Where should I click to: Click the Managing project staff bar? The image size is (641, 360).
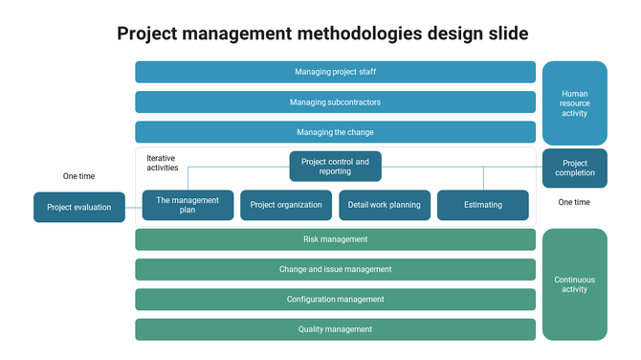click(x=335, y=72)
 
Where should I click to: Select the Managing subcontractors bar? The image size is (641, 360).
click(x=335, y=102)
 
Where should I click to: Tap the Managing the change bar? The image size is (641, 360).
click(x=335, y=132)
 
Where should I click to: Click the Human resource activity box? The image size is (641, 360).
click(x=575, y=103)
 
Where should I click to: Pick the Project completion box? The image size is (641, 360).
click(x=575, y=169)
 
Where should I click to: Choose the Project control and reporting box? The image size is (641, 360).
click(x=335, y=167)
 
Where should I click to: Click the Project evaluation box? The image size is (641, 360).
click(x=79, y=207)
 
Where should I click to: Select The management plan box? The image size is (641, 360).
click(x=188, y=205)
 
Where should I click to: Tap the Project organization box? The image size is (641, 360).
click(x=286, y=205)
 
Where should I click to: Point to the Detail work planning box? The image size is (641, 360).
click(x=385, y=205)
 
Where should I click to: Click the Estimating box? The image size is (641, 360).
click(x=483, y=205)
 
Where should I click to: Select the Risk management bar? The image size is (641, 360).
click(x=335, y=239)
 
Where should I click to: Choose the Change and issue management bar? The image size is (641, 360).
click(x=335, y=269)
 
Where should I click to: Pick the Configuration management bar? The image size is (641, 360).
click(x=335, y=300)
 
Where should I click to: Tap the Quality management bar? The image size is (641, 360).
click(x=335, y=329)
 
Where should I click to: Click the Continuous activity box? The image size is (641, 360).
click(x=575, y=284)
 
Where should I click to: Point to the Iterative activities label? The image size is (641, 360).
click(x=162, y=163)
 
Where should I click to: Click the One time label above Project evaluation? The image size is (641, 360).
click(x=79, y=176)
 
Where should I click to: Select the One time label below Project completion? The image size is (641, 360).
click(x=574, y=202)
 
